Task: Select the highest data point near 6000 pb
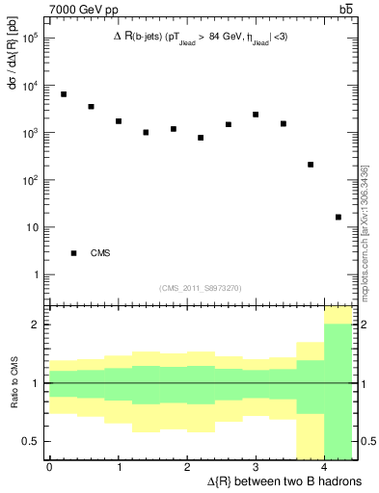point(64,94)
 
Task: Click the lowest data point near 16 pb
point(338,218)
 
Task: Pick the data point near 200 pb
point(311,165)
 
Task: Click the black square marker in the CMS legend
point(73,253)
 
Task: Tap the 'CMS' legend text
point(100,253)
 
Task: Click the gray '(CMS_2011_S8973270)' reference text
point(201,288)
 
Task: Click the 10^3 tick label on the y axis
point(29,134)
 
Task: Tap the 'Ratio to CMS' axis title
point(11,384)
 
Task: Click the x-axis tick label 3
point(256,467)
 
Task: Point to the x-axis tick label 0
point(49,467)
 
